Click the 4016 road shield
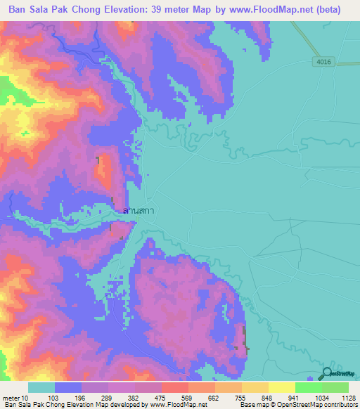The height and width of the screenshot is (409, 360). click(x=323, y=63)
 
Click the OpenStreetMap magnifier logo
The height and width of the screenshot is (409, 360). click(x=328, y=375)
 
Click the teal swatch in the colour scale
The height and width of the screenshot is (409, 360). click(x=41, y=387)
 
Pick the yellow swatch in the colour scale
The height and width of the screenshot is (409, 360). click(x=282, y=387)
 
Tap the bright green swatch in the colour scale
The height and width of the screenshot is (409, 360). click(x=309, y=387)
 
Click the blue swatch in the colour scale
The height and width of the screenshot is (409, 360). click(x=68, y=387)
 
